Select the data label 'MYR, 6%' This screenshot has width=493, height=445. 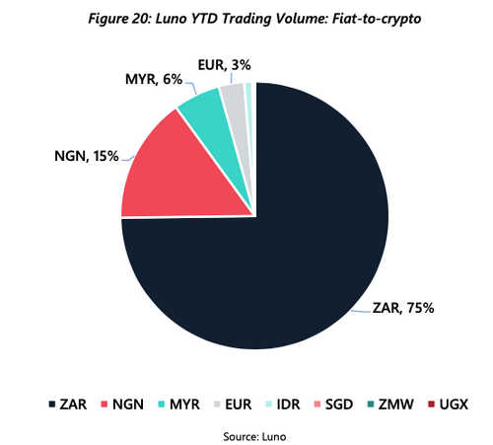click(155, 79)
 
